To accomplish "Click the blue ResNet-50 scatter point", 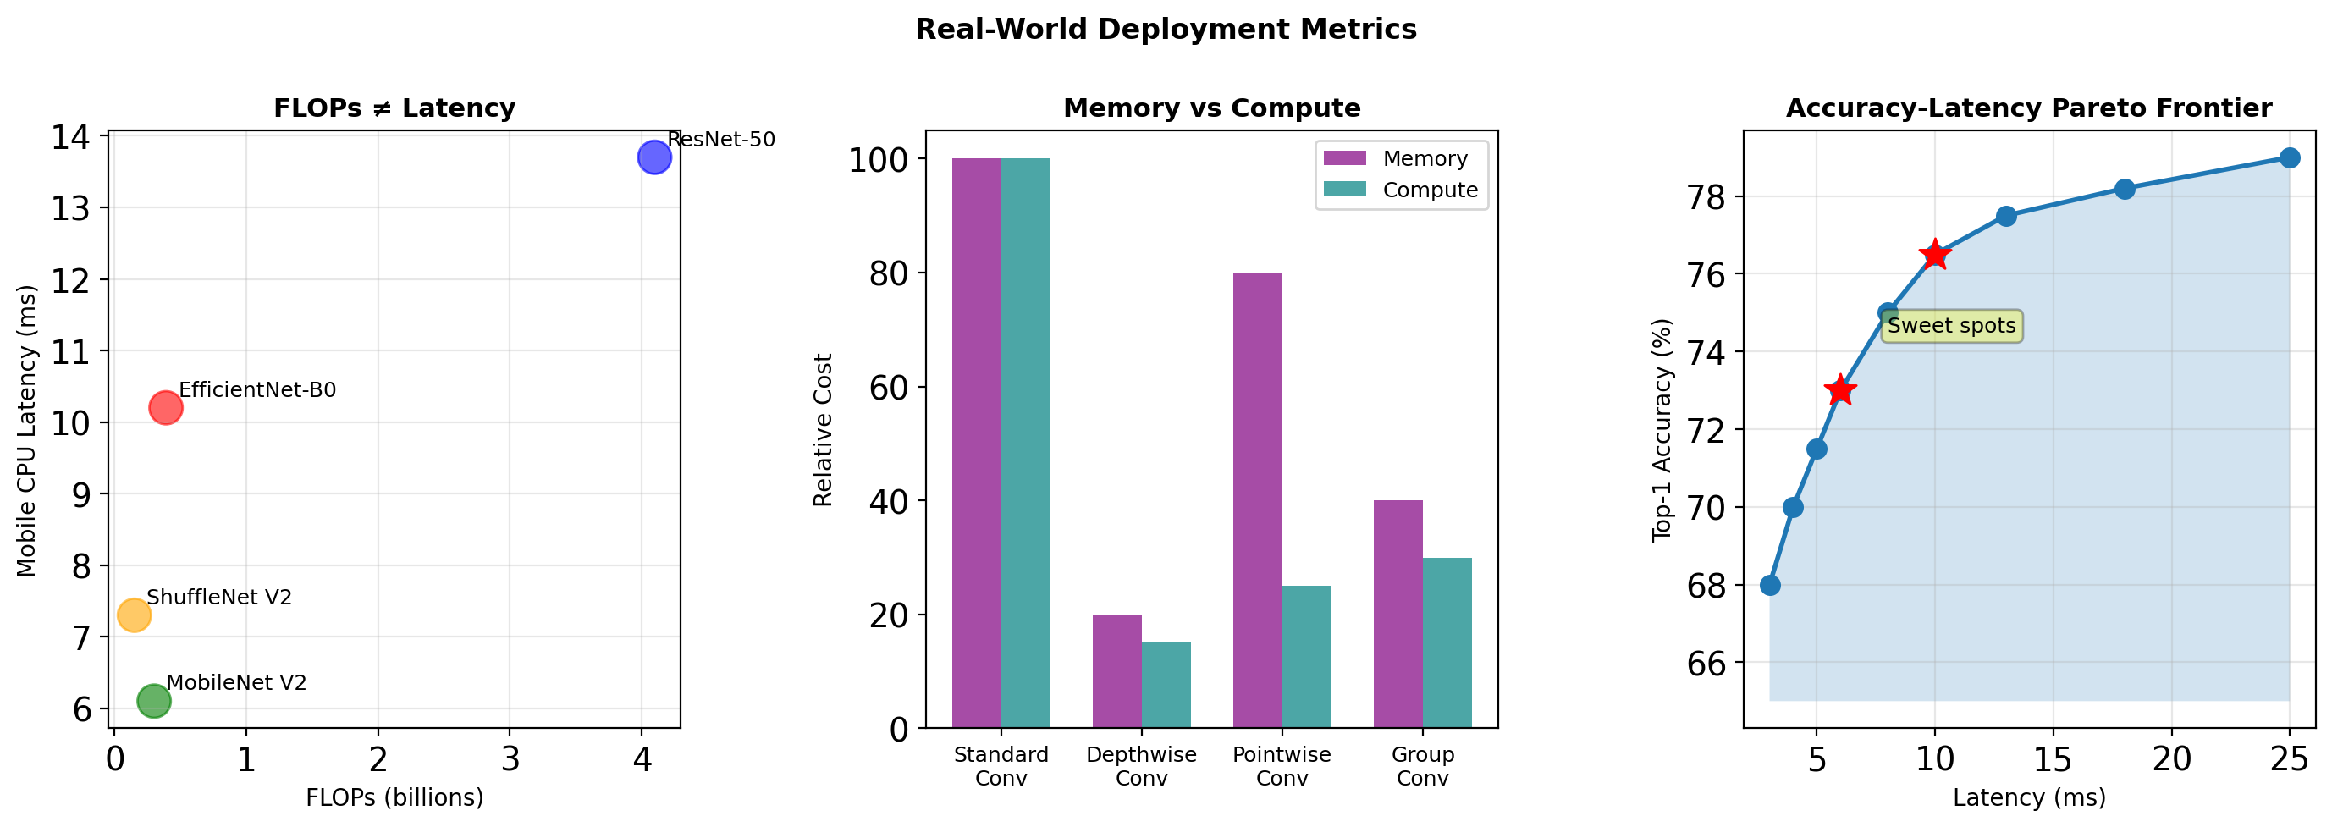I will [x=653, y=157].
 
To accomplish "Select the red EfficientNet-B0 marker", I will [x=166, y=408].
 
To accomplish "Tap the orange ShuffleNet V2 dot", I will [x=134, y=615].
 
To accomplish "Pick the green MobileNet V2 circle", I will [x=154, y=700].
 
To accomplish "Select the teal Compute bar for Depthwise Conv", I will [x=1166, y=685].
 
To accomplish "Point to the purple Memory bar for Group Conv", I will [x=1398, y=614].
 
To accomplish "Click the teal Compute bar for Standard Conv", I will [x=1026, y=443].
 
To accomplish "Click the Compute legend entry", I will [x=1399, y=190].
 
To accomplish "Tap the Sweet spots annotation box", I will [x=1951, y=326].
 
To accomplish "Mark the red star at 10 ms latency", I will [x=1934, y=255].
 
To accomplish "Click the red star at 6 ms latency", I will [x=1839, y=391].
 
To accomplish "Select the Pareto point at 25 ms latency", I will [x=2290, y=158].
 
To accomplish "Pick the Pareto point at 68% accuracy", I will [x=1770, y=586].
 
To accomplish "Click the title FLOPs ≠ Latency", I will [x=394, y=108].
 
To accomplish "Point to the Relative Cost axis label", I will [x=822, y=430].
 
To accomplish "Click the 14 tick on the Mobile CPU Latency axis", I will [x=70, y=137].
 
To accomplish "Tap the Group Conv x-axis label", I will [x=1422, y=765].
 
